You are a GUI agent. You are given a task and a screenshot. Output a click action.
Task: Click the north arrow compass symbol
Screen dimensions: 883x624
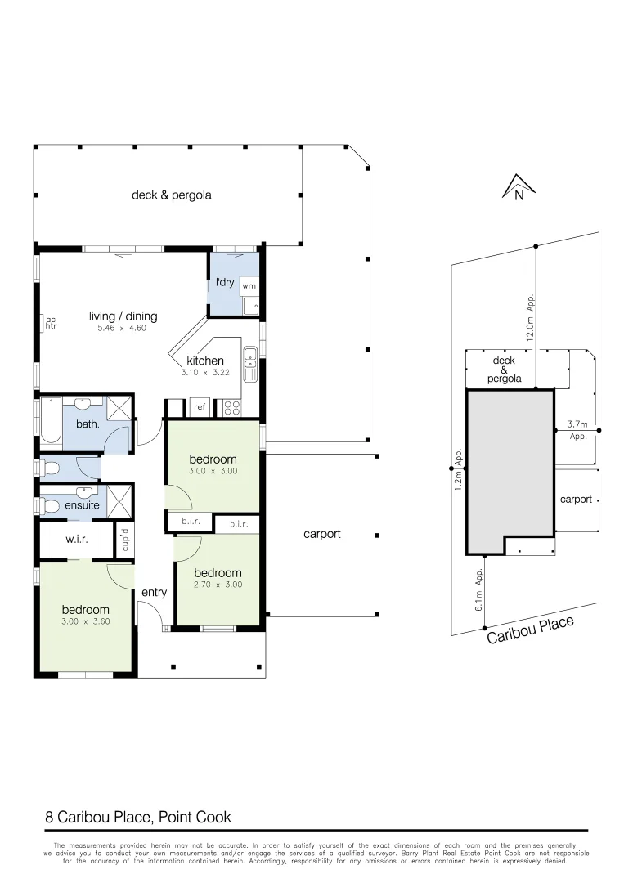(518, 188)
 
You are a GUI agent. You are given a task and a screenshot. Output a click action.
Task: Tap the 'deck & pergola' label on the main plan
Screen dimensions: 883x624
(172, 195)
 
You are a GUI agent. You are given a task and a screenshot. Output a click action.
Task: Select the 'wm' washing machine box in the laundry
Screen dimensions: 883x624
(249, 286)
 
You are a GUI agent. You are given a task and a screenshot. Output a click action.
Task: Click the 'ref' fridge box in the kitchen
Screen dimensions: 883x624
(199, 406)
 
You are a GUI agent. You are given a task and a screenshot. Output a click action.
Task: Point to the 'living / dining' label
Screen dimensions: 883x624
(123, 316)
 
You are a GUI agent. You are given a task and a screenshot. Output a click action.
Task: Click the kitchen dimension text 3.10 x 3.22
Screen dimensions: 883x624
(204, 372)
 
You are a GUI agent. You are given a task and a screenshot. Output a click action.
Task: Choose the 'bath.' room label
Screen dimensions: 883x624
(88, 424)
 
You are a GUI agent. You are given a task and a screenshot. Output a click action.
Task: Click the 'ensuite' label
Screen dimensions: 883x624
(83, 505)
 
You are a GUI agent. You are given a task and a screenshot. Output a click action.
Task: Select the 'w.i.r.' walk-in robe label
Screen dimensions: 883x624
(76, 540)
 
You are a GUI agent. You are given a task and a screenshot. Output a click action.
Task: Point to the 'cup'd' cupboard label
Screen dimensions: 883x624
(125, 540)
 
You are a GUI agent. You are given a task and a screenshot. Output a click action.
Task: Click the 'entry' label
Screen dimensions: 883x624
(154, 592)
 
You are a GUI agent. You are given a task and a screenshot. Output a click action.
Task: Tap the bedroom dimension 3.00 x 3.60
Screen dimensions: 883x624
(86, 622)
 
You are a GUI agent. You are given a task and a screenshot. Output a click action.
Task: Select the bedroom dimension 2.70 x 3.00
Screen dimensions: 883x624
(218, 585)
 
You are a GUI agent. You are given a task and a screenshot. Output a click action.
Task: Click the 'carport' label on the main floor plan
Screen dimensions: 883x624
(321, 534)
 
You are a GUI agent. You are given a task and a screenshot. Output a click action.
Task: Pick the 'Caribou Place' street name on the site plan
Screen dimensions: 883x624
(531, 630)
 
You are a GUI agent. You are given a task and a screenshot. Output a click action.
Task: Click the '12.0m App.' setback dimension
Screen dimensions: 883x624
(531, 317)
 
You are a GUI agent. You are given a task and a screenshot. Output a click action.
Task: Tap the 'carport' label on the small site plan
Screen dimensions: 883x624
(576, 499)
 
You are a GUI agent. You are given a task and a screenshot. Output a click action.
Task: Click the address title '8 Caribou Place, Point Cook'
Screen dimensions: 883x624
(138, 817)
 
